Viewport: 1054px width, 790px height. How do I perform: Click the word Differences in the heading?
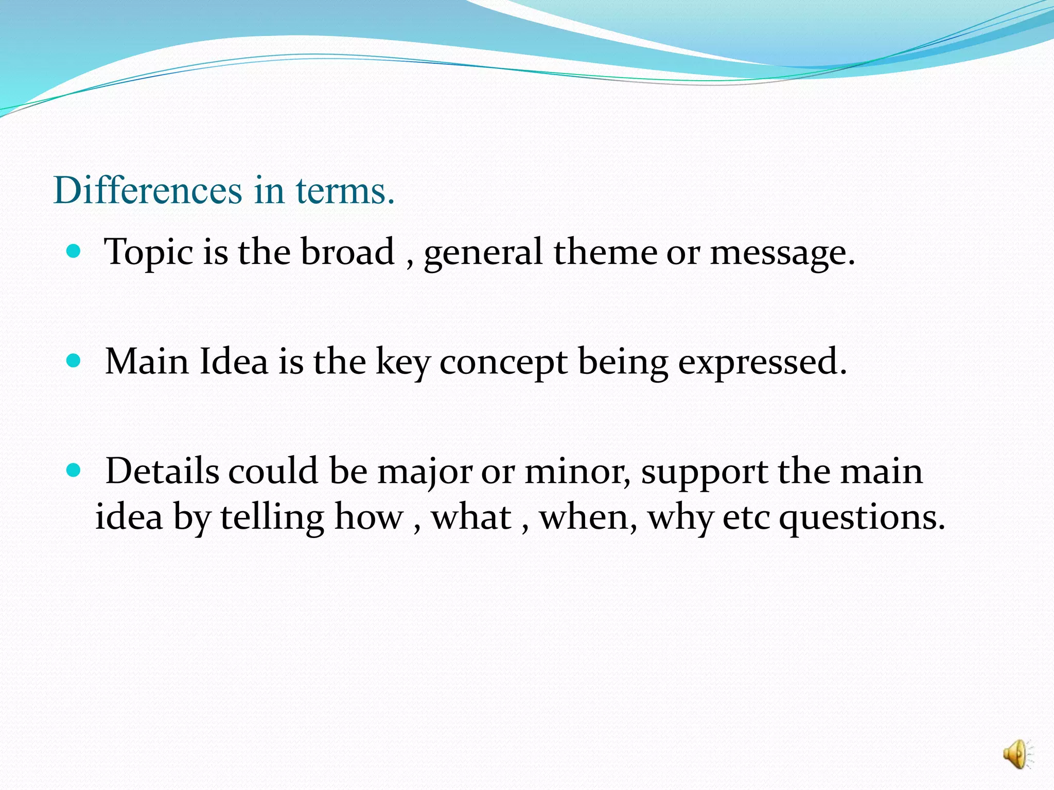[x=147, y=190]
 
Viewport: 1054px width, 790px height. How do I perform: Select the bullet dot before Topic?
[x=74, y=251]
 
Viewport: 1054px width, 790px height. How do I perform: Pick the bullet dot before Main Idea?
[x=74, y=361]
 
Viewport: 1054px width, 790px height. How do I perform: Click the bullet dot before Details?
[x=74, y=470]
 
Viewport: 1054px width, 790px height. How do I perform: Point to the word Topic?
[x=149, y=252]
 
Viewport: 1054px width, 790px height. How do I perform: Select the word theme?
[x=605, y=252]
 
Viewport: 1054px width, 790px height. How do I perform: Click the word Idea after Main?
[x=234, y=361]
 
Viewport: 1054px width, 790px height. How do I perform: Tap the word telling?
[x=272, y=517]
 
